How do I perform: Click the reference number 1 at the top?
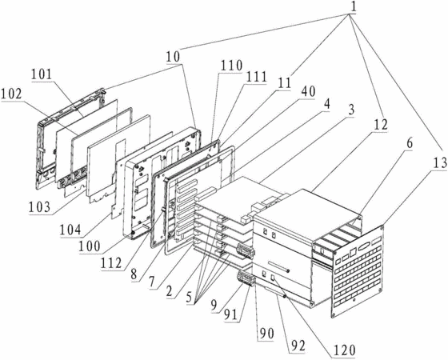pos(354,7)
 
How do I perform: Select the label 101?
pos(42,74)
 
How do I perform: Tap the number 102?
pos(12,94)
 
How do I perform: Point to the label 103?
pos(40,206)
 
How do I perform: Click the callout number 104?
pos(70,230)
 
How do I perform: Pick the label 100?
pos(90,246)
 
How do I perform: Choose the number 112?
pos(111,263)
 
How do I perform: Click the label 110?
pos(230,66)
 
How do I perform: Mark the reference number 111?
pos(256,77)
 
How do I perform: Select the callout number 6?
pos(410,143)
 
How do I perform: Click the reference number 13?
pos(439,163)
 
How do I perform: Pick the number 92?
pos(298,346)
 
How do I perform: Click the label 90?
pos(266,333)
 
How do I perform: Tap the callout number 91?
pos(231,315)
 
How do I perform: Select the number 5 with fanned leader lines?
pos(189,298)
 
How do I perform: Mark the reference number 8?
pos(134,275)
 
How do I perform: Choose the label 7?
pos(151,283)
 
